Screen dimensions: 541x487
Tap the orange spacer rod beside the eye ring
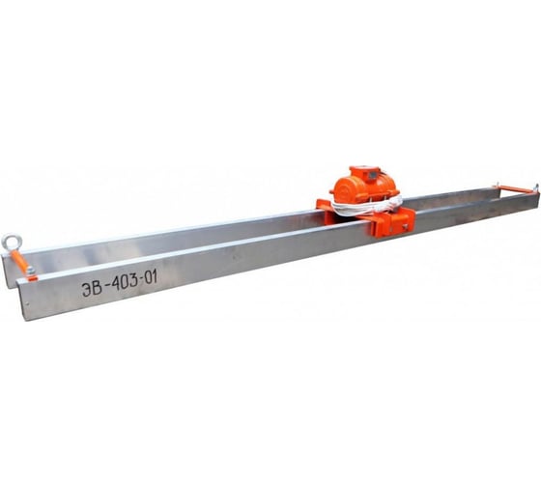pyautogui.click(x=20, y=262)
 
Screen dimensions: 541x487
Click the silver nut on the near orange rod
pyautogui.click(x=31, y=270)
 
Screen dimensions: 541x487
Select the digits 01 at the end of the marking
pyautogui.click(x=151, y=277)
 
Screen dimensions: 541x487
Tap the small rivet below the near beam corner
pyautogui.click(x=28, y=303)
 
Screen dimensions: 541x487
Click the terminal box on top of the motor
pyautogui.click(x=366, y=173)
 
